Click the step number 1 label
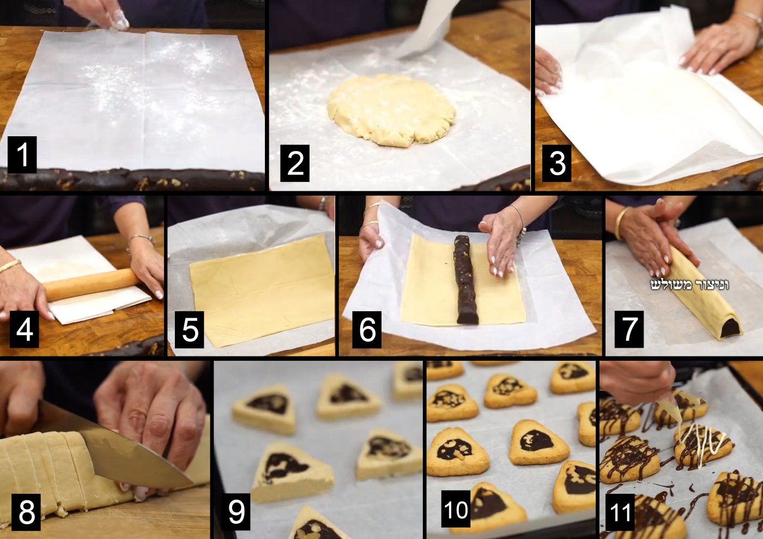22,155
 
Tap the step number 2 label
295,163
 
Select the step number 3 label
556,163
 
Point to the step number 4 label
24,330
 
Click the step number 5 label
190,330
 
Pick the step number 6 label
367,330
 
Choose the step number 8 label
26,512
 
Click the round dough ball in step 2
392,110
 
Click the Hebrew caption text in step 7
690,285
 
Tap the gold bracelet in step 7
622,222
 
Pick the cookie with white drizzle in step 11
703,445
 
